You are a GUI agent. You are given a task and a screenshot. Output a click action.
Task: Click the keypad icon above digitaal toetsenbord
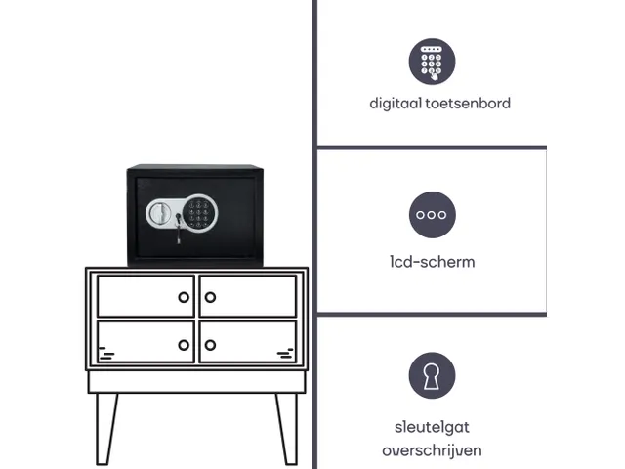[x=432, y=62]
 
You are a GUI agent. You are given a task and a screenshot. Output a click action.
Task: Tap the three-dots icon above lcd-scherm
[x=432, y=215]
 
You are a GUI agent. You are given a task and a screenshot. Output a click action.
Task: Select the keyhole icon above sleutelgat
[x=432, y=375]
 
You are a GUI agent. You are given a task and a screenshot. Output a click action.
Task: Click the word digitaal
[x=396, y=104]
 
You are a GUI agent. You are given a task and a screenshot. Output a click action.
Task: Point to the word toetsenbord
[x=468, y=104]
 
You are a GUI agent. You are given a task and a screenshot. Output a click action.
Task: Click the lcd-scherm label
[x=433, y=262]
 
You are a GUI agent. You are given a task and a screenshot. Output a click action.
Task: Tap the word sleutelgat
[x=432, y=428]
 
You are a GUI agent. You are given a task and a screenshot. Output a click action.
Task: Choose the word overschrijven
[x=432, y=450]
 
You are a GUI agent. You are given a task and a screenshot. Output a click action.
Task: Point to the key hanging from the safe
[x=178, y=229]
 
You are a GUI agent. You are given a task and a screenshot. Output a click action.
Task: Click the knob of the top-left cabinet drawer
[x=184, y=297]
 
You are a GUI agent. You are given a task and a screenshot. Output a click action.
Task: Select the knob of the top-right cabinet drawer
[x=210, y=297]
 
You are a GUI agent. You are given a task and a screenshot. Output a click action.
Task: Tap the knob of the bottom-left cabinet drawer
[x=184, y=345]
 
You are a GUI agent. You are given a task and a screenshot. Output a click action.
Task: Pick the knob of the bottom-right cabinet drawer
[x=210, y=345]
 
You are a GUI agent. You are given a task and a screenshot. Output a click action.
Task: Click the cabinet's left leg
[x=105, y=429]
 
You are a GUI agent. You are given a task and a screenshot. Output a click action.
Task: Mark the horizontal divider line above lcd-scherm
[x=432, y=148]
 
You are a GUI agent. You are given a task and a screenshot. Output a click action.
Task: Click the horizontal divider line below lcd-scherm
[x=432, y=315]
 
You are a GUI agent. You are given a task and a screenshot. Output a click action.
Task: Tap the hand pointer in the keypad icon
[x=435, y=74]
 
